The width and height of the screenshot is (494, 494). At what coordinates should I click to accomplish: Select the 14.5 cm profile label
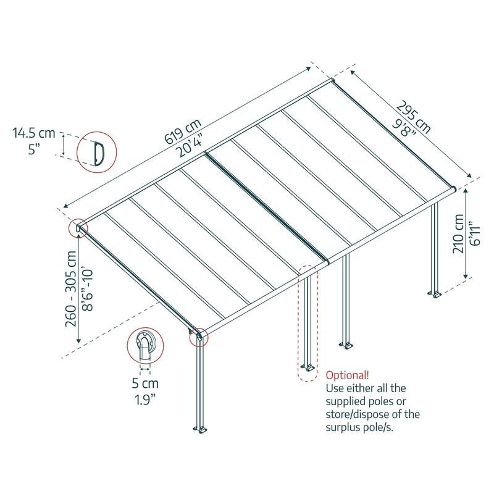point(34,133)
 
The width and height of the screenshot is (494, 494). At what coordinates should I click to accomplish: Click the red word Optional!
point(348,375)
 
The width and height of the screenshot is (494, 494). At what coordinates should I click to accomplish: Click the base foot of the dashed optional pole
point(307,369)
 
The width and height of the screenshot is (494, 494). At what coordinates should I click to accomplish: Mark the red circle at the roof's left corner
point(78,228)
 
